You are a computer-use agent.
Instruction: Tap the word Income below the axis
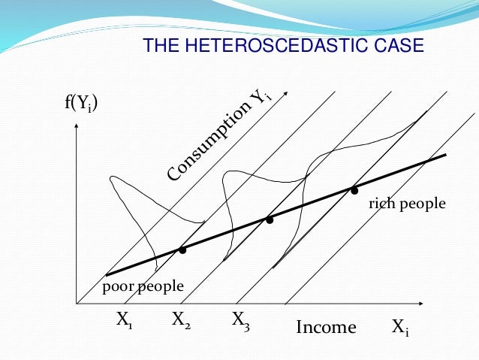point(326,328)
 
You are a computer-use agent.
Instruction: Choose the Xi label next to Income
point(400,328)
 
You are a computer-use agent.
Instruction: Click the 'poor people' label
point(143,286)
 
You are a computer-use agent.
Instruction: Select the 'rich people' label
point(407,204)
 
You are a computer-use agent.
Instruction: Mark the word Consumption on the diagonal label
point(209,142)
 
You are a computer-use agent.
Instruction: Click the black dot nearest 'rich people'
point(354,191)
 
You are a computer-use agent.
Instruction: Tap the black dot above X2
point(182,250)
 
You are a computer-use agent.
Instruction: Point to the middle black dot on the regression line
point(269,220)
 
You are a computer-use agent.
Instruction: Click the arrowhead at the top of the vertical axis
point(77,123)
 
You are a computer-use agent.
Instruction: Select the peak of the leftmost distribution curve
point(112,178)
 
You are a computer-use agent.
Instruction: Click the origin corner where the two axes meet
point(77,304)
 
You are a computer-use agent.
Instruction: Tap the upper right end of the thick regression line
point(445,156)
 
